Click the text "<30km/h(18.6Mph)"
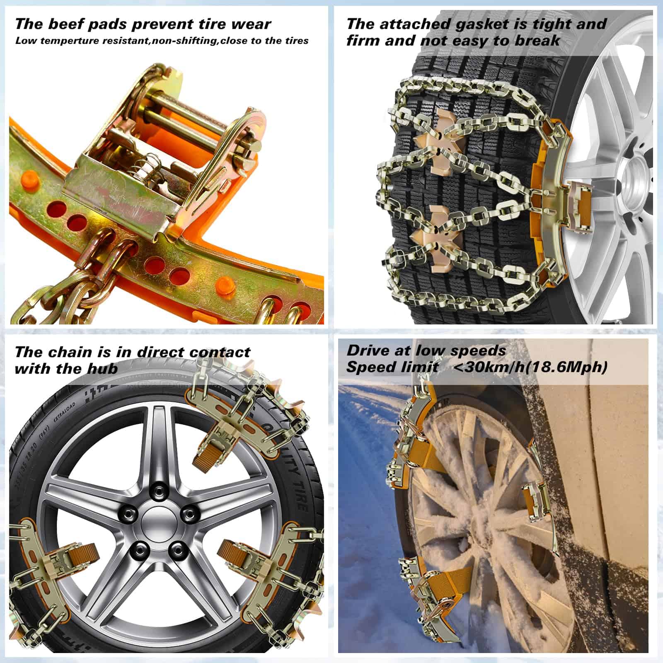pyautogui.click(x=531, y=367)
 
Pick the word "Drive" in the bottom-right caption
pyautogui.click(x=368, y=351)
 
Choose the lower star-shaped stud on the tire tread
pyautogui.click(x=431, y=238)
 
